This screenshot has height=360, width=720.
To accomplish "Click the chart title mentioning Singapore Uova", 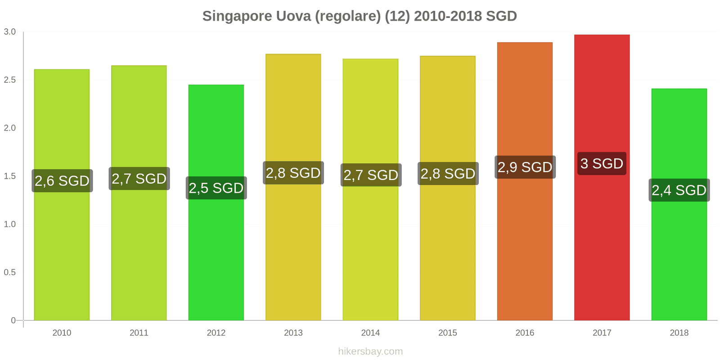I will pyautogui.click(x=360, y=16).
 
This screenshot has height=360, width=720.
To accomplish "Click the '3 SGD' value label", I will pyautogui.click(x=602, y=163).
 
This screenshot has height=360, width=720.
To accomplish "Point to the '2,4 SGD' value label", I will pyautogui.click(x=679, y=190).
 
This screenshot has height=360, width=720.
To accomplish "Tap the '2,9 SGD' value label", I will pyautogui.click(x=525, y=167).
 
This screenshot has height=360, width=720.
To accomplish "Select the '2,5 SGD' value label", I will pyautogui.click(x=216, y=188).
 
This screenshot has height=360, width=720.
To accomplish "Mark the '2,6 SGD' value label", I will pyautogui.click(x=62, y=180).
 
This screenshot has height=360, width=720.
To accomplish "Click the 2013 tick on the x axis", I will pyautogui.click(x=293, y=333).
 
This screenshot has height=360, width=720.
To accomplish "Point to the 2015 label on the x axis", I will pyautogui.click(x=448, y=333).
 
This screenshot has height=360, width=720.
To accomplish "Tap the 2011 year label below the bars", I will pyautogui.click(x=139, y=333).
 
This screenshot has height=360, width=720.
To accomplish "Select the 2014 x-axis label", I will pyautogui.click(x=370, y=333).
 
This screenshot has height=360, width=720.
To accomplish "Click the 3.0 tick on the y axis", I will pyautogui.click(x=10, y=31).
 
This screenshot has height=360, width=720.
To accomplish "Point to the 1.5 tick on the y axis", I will pyautogui.click(x=10, y=176).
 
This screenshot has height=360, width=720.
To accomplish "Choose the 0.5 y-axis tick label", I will pyautogui.click(x=10, y=272).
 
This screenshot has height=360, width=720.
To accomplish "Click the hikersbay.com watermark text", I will pyautogui.click(x=370, y=351).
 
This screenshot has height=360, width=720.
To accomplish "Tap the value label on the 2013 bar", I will pyautogui.click(x=293, y=173).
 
